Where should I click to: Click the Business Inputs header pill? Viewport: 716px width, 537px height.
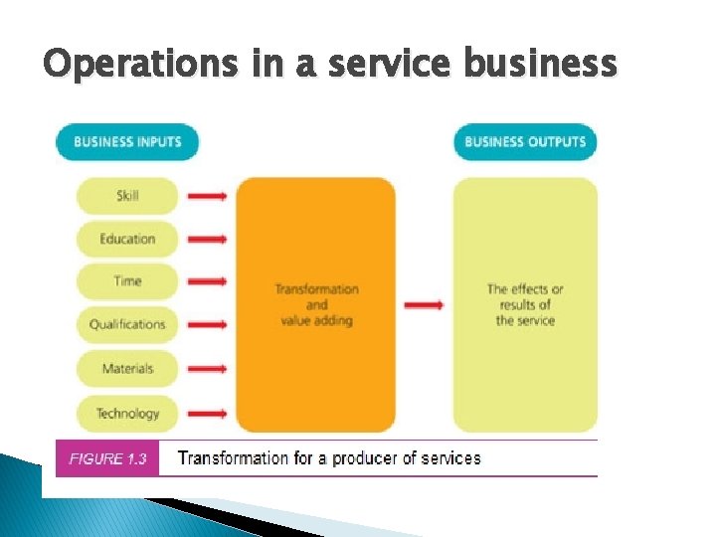tap(127, 141)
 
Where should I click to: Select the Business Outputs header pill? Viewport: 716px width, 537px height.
tap(525, 141)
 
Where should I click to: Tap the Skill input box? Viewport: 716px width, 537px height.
tap(127, 196)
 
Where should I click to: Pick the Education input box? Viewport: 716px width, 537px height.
tap(127, 239)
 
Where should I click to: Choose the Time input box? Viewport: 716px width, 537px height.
tap(127, 281)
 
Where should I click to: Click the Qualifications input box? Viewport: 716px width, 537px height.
tap(127, 324)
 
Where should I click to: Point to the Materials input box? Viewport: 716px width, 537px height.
tap(127, 369)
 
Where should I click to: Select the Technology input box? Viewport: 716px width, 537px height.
tap(127, 413)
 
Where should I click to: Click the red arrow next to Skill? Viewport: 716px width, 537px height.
tap(207, 196)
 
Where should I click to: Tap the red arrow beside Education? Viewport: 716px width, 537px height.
tap(207, 239)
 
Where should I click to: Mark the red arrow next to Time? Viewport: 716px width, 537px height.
tap(207, 281)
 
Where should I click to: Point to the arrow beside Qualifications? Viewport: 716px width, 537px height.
tap(207, 324)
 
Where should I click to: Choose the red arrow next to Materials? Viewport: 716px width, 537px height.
tap(207, 369)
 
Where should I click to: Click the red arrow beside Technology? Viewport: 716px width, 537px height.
tap(207, 413)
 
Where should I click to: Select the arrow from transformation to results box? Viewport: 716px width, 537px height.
tap(425, 304)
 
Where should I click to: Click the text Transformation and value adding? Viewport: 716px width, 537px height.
tap(316, 304)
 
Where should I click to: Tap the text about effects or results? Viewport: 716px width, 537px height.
tap(525, 304)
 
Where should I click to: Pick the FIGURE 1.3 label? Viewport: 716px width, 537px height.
tap(107, 458)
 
